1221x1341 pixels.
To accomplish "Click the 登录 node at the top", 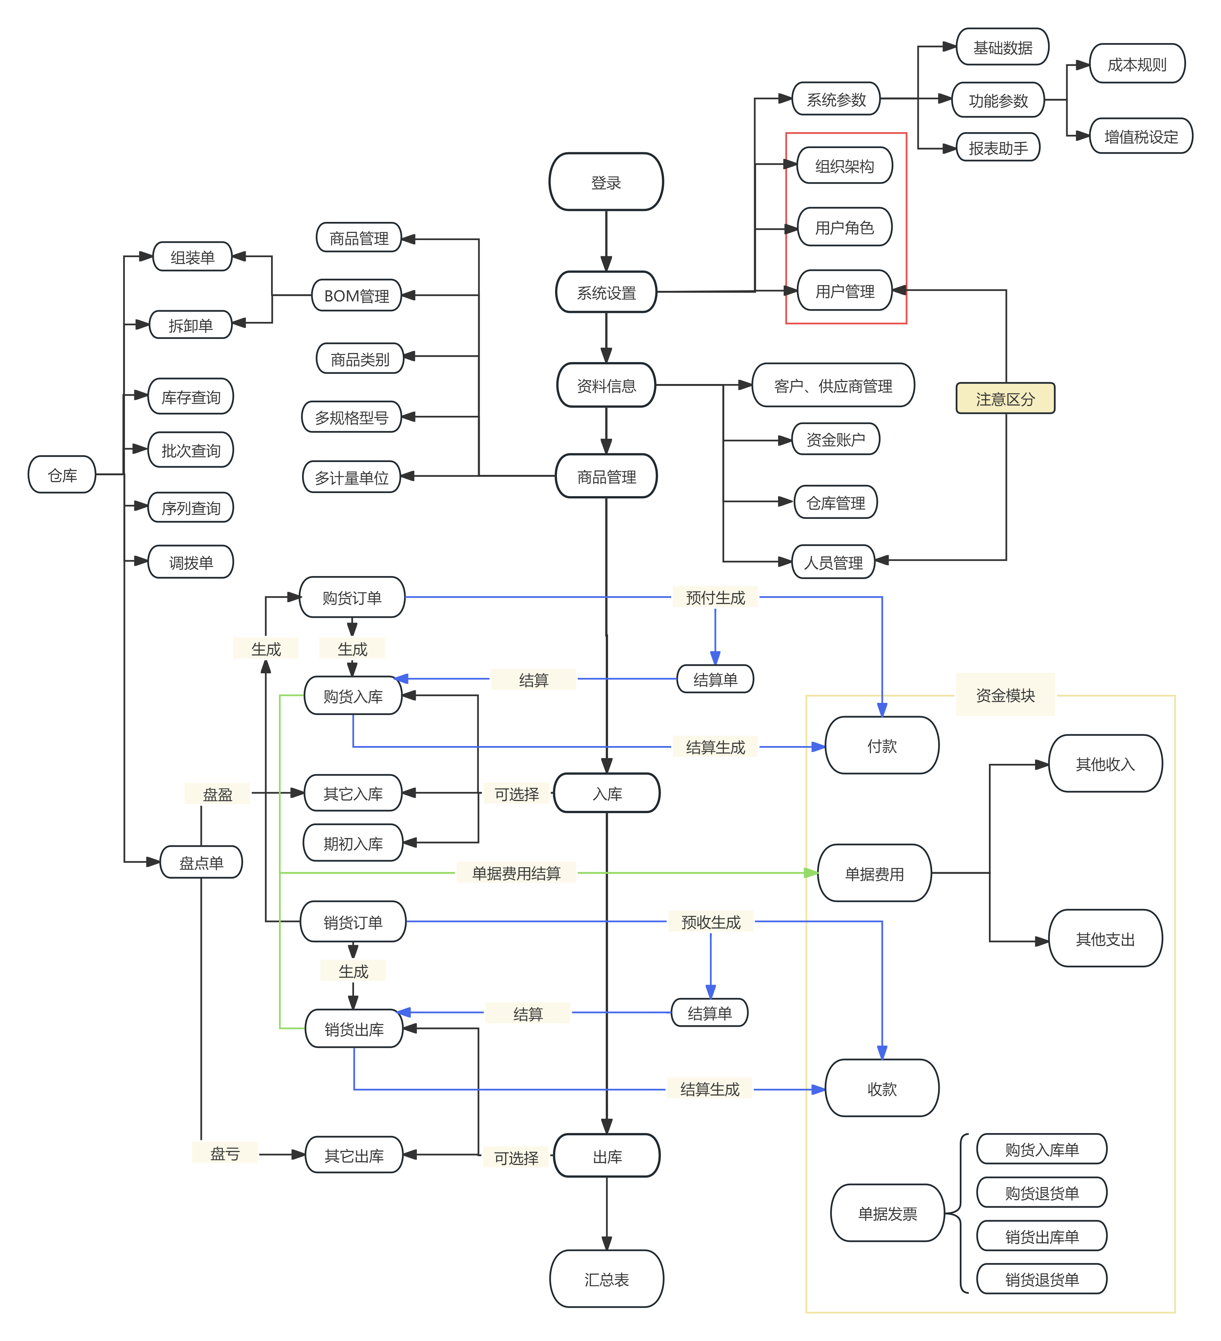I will pos(606,182).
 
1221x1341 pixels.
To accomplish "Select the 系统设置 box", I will pos(606,292).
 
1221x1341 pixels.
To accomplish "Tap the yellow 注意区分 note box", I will pos(1005,398).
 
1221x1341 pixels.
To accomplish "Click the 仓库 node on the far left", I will pos(62,475).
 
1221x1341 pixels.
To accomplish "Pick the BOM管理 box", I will pos(357,295).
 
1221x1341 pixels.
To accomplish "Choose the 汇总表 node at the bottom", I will pos(606,1279).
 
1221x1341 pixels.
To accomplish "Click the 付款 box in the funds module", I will pos(882,746).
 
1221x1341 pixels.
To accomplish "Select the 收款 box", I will pos(882,1088).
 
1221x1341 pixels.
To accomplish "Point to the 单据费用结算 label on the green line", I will pos(516,873).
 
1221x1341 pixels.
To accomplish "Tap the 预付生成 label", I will pos(715,597).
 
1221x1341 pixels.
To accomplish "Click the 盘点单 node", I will pos(201,863).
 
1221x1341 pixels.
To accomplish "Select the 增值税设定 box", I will pos(1140,136).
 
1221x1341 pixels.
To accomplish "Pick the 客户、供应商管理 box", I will pos(833,385).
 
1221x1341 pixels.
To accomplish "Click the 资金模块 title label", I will pos(1005,695).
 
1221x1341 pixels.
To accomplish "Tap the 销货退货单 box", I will pos(1042,1279).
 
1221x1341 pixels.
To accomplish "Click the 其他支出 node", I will pos(1105,938).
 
